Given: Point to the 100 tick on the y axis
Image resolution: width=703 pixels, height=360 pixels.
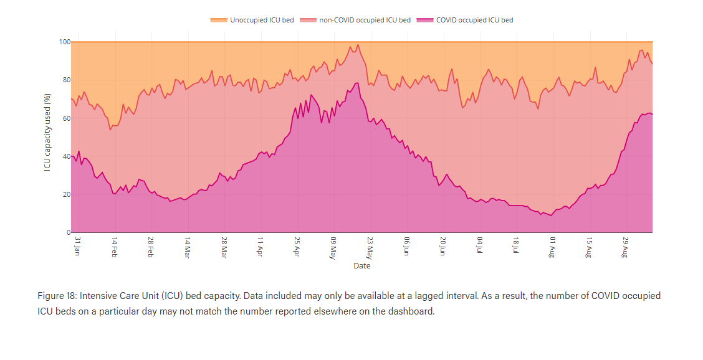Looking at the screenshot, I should point(64,42).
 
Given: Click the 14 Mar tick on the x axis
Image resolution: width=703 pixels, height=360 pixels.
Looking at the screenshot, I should point(187,246).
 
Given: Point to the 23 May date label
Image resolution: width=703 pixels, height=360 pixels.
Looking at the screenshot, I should point(370,246).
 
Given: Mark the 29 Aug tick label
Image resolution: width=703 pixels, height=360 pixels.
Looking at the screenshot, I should point(625,246).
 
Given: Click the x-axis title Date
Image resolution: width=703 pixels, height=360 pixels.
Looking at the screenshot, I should point(361,266).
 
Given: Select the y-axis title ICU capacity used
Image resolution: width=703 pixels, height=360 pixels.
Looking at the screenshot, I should point(47,133).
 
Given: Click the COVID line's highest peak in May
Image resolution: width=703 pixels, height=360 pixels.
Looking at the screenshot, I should point(357,83).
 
